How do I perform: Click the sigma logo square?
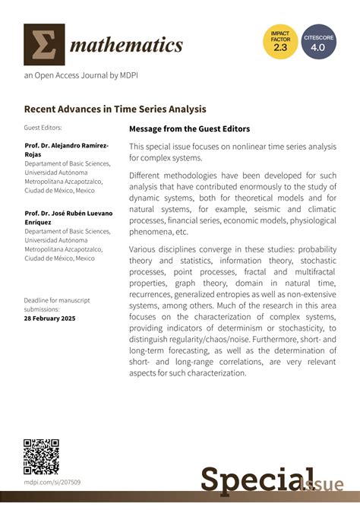click(44, 44)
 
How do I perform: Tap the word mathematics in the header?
click(127, 46)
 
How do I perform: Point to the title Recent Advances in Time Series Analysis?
click(115, 109)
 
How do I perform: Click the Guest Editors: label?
click(43, 128)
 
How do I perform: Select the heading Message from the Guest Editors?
click(189, 129)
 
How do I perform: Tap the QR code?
click(41, 456)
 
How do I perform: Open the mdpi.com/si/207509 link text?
click(52, 482)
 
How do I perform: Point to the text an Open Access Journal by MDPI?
click(81, 75)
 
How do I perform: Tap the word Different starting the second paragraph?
click(149, 174)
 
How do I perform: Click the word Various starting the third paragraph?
click(145, 248)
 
